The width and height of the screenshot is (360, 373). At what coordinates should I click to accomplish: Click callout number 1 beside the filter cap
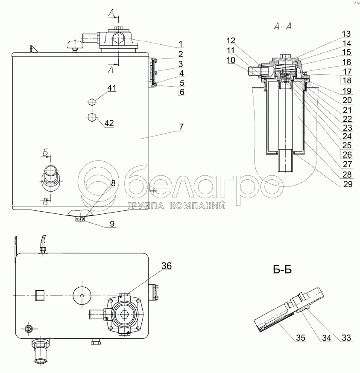[x=181, y=44]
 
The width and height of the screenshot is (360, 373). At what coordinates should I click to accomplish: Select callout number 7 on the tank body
[x=181, y=127]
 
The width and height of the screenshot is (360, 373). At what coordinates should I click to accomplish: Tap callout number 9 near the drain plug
[x=112, y=224]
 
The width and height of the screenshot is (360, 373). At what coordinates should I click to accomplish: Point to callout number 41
[x=111, y=88]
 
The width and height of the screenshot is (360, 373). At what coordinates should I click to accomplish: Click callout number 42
[x=109, y=123]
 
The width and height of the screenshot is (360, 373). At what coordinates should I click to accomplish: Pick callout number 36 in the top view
[x=167, y=266]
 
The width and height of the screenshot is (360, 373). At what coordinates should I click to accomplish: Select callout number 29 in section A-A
[x=348, y=184]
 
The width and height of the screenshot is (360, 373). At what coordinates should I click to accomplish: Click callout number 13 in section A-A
[x=346, y=34]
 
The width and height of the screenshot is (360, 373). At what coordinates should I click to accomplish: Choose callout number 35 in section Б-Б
[x=301, y=338]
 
